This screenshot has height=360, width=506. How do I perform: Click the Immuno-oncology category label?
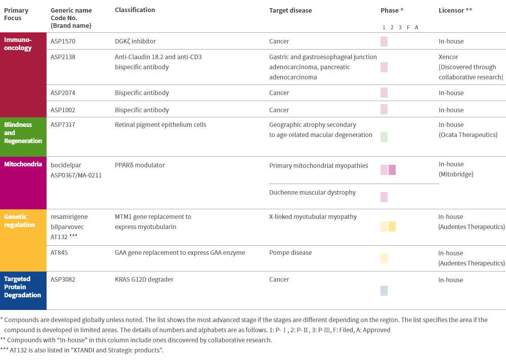(18, 44)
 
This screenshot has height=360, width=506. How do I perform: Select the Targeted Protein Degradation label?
(23, 287)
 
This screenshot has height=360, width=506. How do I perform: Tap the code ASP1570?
(63, 41)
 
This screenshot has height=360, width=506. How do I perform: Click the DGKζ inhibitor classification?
(135, 41)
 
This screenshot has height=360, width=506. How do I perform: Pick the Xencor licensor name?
(448, 57)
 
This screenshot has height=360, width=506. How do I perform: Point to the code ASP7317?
(63, 125)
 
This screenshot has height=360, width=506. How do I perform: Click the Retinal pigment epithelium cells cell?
(160, 125)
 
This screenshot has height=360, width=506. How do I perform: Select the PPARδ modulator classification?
(140, 165)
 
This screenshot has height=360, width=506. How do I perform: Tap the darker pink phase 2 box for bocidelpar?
(392, 170)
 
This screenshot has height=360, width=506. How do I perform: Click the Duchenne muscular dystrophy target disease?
(312, 193)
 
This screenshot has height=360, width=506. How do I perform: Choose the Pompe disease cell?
(290, 253)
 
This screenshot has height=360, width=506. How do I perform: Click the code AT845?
(59, 253)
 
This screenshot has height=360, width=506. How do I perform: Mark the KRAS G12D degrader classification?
(144, 280)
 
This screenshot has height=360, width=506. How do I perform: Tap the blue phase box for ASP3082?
(384, 291)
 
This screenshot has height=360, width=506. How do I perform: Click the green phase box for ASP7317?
(384, 137)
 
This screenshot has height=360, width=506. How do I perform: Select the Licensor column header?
(455, 10)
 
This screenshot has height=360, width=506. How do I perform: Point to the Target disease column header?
(290, 10)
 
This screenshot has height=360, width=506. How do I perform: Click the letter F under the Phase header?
(408, 27)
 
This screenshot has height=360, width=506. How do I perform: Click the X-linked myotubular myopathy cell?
(313, 217)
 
